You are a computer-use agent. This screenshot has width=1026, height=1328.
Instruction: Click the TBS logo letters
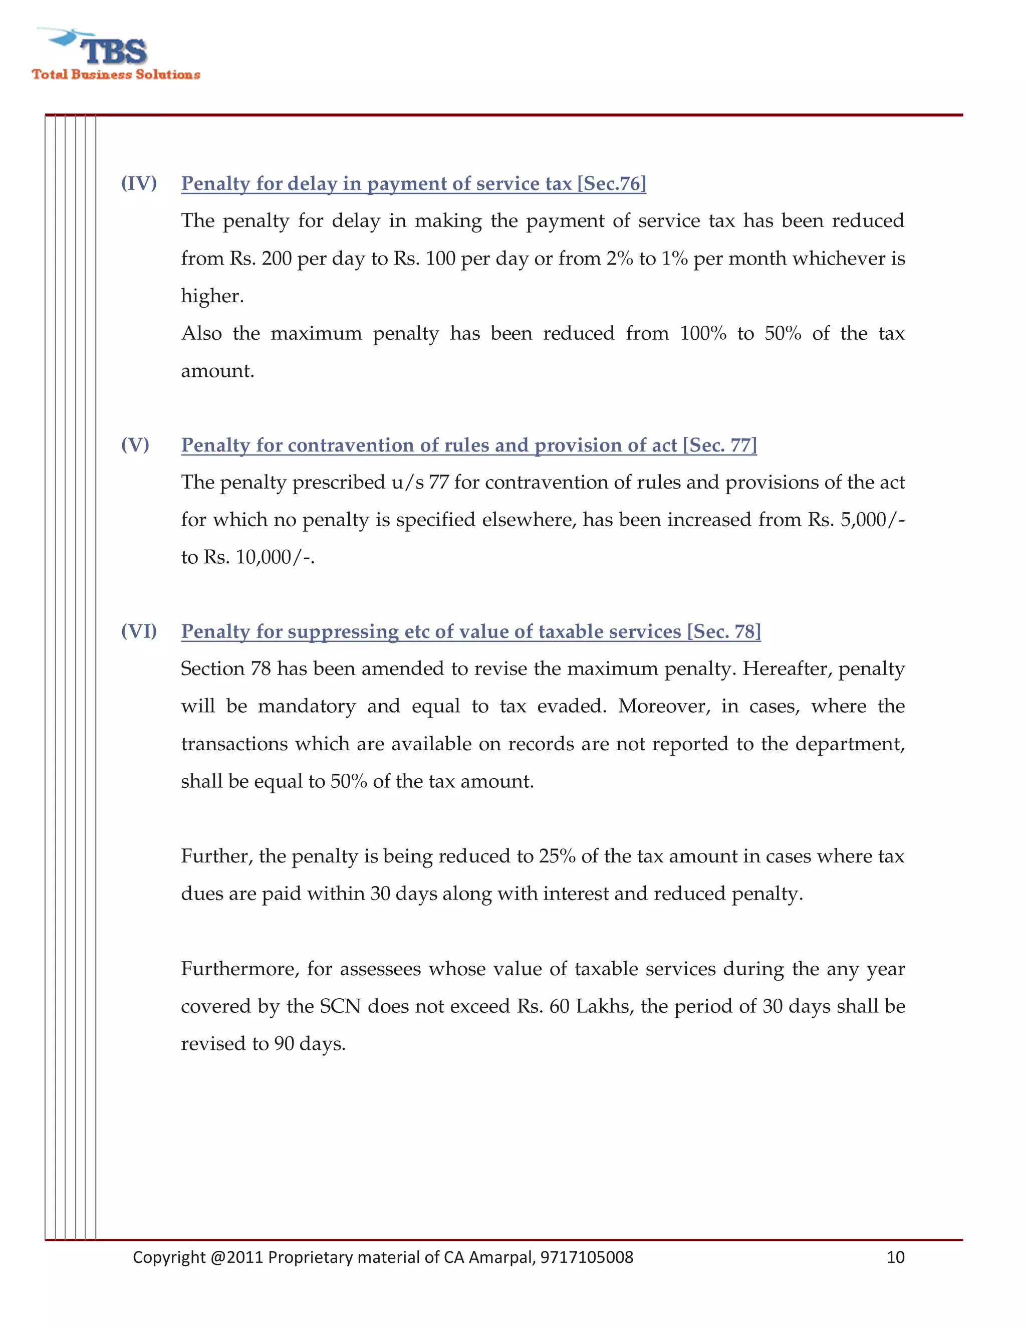click(114, 51)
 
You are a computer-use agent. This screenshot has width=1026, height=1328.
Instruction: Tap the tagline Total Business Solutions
click(116, 74)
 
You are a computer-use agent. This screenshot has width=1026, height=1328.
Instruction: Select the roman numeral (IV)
click(139, 182)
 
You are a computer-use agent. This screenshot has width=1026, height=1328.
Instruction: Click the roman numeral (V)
click(135, 445)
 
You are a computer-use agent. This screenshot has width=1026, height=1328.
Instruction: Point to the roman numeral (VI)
click(139, 630)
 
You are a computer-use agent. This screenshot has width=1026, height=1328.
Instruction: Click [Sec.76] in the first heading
click(612, 183)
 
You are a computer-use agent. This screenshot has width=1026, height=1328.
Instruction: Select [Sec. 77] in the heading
click(720, 445)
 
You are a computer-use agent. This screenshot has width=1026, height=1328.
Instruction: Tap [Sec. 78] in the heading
click(724, 631)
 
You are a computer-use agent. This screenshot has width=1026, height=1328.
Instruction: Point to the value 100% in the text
click(703, 333)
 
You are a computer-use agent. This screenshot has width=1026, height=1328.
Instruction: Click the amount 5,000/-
click(873, 520)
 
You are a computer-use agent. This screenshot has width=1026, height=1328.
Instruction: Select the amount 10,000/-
click(274, 557)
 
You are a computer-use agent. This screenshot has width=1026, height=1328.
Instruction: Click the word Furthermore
click(239, 969)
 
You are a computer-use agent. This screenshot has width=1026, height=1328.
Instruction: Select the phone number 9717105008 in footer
click(587, 1257)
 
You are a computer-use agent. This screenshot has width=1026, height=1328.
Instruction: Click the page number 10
click(895, 1257)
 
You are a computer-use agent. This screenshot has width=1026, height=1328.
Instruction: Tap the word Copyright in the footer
click(169, 1257)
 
